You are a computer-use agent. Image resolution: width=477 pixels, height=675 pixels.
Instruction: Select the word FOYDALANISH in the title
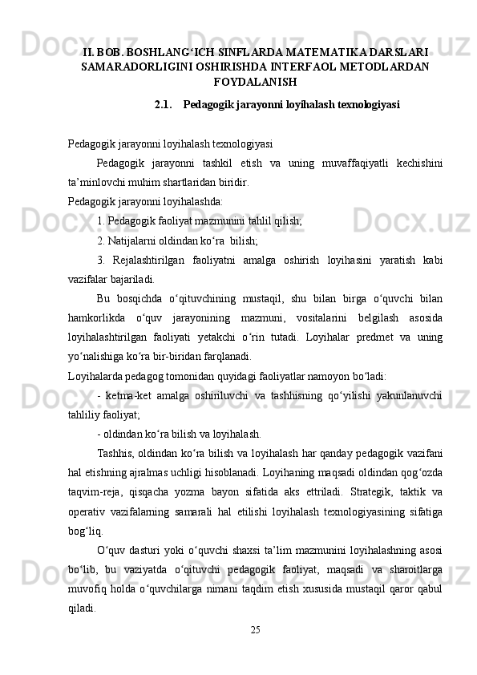point(256,82)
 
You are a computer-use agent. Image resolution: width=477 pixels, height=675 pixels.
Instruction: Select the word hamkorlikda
point(95,318)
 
